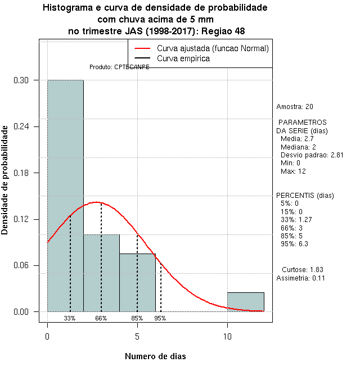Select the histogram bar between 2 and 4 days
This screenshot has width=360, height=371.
(101, 275)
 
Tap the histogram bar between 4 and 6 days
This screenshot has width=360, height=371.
(137, 284)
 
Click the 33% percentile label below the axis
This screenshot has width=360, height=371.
(70, 318)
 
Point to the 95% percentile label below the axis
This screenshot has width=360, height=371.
(160, 318)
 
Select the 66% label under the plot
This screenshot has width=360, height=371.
(101, 318)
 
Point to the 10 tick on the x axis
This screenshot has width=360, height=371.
(227, 336)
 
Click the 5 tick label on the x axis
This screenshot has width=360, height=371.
(137, 336)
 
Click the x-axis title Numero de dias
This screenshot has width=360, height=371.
(155, 356)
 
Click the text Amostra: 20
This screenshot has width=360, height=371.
(295, 107)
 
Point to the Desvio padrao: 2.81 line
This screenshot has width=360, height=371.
(312, 155)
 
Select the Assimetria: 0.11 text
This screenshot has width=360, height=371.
(301, 278)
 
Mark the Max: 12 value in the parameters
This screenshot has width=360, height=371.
(293, 171)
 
